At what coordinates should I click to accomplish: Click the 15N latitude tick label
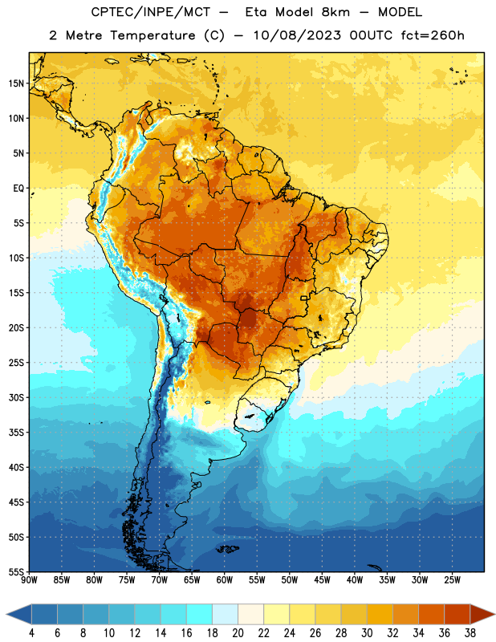[16, 83]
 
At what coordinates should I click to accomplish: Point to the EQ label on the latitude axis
[18, 189]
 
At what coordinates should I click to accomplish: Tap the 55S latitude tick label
[16, 571]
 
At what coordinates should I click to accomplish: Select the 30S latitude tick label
[16, 397]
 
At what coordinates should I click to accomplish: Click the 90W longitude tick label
[29, 579]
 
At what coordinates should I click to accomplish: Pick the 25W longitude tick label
[452, 579]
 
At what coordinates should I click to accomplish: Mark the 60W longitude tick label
[225, 579]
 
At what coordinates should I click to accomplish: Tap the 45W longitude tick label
[323, 579]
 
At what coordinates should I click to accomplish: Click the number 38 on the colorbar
[470, 633]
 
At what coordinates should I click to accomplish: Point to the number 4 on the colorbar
[31, 633]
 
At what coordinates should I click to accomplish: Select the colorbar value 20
[238, 633]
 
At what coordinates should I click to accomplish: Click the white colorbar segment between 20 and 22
[250, 614]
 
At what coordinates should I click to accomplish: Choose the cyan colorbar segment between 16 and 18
[199, 614]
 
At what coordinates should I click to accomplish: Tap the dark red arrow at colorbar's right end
[482, 614]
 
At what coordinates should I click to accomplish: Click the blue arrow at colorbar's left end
[18, 614]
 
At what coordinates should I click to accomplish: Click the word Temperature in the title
[152, 35]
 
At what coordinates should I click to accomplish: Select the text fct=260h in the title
[433, 35]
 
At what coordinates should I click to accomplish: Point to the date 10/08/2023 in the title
[297, 35]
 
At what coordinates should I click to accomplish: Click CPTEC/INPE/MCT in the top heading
[150, 12]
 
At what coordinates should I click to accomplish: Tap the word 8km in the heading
[335, 12]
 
